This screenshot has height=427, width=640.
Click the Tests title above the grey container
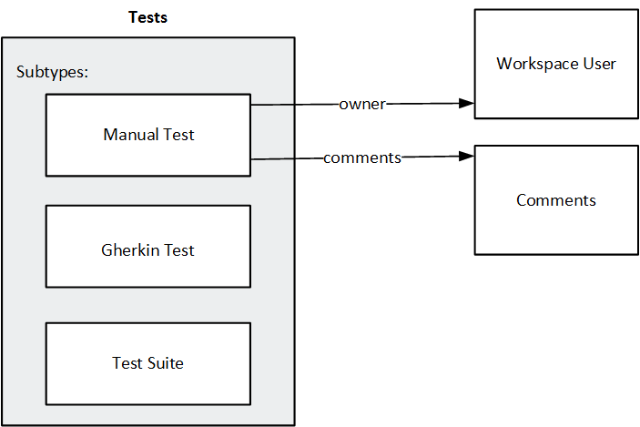click(x=148, y=17)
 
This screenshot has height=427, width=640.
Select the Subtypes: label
click(x=52, y=72)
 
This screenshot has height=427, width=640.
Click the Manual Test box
click(x=148, y=135)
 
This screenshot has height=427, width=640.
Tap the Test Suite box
click(x=148, y=363)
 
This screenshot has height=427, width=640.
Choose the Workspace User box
click(x=556, y=64)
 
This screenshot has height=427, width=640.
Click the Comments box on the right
click(x=556, y=200)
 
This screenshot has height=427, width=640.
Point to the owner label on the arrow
click(x=361, y=104)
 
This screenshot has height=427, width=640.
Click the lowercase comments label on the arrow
click(x=361, y=158)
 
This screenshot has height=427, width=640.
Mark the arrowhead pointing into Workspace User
click(x=466, y=103)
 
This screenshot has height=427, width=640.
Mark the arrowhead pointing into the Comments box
click(x=466, y=157)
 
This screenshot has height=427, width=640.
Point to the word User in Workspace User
click(x=598, y=64)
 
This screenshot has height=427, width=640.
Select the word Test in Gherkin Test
click(x=178, y=250)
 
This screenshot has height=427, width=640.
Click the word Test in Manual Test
click(x=178, y=135)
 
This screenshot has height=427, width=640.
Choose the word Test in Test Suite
click(x=128, y=363)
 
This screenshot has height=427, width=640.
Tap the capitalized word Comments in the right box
click(x=556, y=200)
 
